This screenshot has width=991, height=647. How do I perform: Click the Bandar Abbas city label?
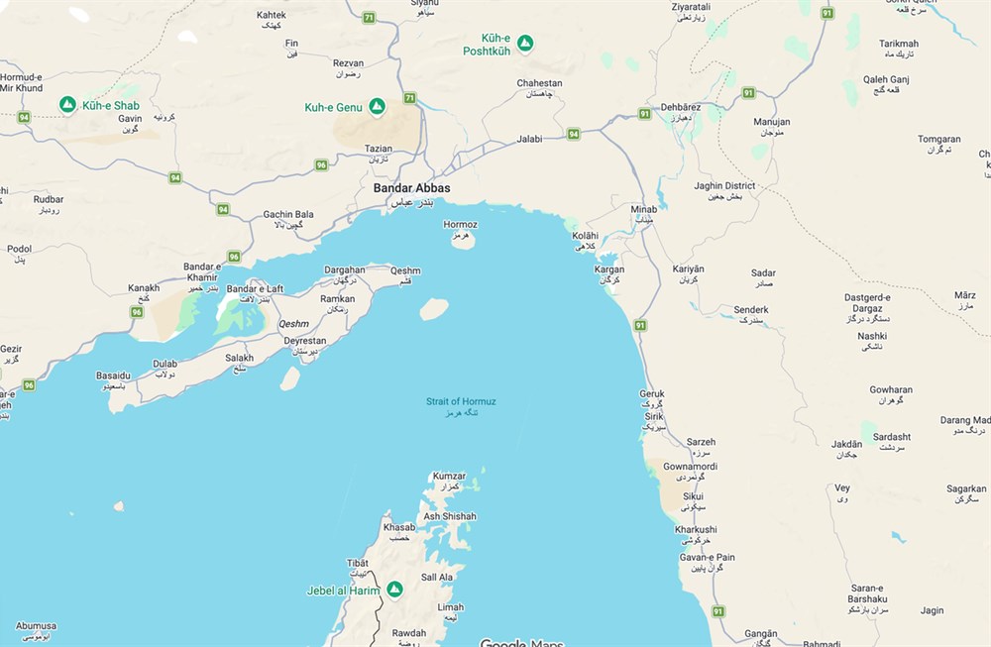411,188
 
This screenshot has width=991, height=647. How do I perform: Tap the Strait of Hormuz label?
461,401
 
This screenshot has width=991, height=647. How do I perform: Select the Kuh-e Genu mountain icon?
377,106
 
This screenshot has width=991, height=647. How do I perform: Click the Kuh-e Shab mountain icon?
67,104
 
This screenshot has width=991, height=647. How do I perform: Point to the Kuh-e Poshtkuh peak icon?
526,43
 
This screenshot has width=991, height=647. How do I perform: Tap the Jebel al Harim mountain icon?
394,590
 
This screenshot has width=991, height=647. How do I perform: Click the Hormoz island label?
461,225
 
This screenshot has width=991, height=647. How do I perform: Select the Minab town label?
643,210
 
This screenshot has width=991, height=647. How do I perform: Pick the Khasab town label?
399,528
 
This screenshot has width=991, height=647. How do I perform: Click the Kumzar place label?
449,477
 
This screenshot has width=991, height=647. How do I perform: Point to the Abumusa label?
36,626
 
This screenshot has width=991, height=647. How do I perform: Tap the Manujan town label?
772,122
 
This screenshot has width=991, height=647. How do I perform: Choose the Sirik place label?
653,417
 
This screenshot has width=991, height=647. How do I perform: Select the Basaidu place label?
113,376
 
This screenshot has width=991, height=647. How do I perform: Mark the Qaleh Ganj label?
886,79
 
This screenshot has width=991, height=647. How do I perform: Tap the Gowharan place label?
891,390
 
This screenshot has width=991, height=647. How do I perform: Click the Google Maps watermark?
521,642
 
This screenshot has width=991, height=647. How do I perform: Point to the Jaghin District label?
724,186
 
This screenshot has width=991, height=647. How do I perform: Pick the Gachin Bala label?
288,214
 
